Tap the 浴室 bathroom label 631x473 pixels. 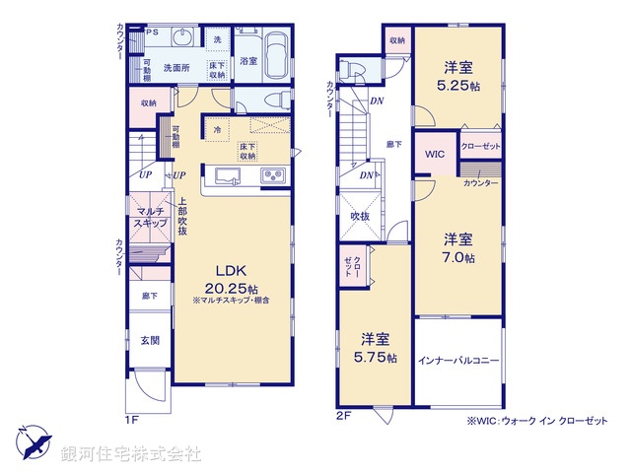tap(248, 61)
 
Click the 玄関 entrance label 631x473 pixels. tap(149, 340)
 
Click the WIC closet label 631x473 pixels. tap(435, 155)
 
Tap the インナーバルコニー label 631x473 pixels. tap(457, 361)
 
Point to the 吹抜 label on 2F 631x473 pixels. tap(359, 216)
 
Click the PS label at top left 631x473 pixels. tap(152, 32)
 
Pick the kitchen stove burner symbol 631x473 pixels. tap(272, 176)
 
